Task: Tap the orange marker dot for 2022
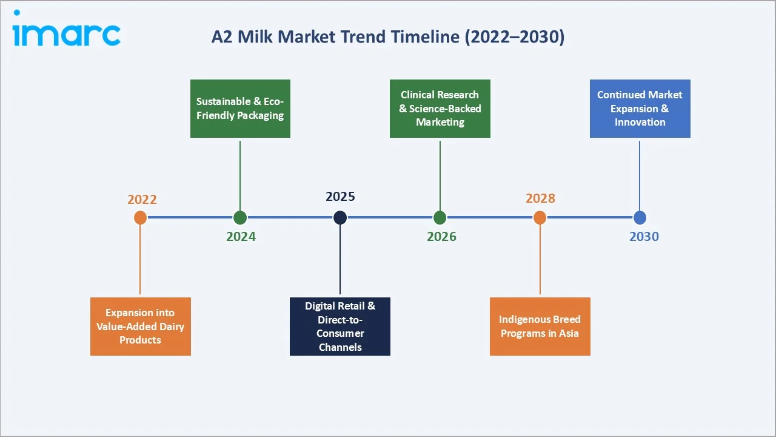pyautogui.click(x=140, y=217)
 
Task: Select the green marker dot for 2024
pyautogui.click(x=240, y=217)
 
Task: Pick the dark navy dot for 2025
pyautogui.click(x=340, y=217)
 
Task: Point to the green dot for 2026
pyautogui.click(x=440, y=217)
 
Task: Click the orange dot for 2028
pyautogui.click(x=540, y=217)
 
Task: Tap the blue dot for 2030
pyautogui.click(x=640, y=217)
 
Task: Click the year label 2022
pyautogui.click(x=142, y=200)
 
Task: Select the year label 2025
pyautogui.click(x=340, y=197)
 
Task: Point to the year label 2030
pyautogui.click(x=644, y=237)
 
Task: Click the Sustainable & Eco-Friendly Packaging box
pyautogui.click(x=240, y=109)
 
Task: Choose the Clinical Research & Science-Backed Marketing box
pyautogui.click(x=440, y=109)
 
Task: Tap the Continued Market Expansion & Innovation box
pyautogui.click(x=640, y=109)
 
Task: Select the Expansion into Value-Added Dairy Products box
pyautogui.click(x=140, y=327)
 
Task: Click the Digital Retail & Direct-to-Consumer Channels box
pyautogui.click(x=340, y=327)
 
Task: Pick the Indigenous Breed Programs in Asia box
pyautogui.click(x=540, y=327)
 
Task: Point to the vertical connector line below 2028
pyautogui.click(x=540, y=261)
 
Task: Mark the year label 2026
pyautogui.click(x=441, y=237)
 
